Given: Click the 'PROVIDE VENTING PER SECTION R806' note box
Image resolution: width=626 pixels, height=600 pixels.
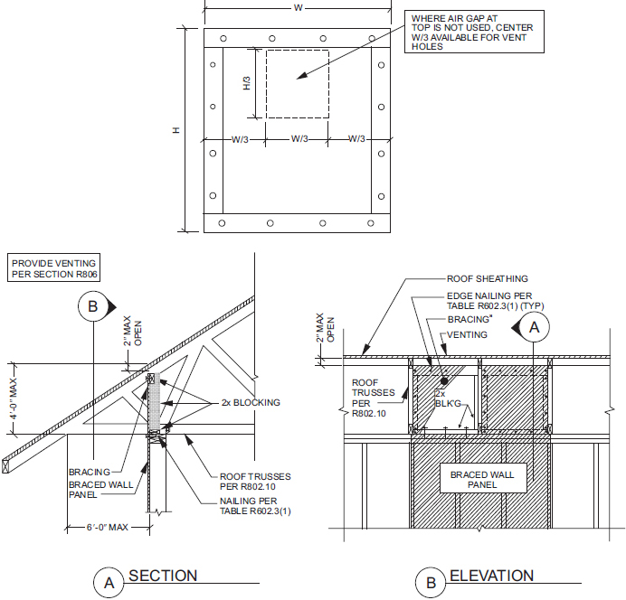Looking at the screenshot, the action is [53, 267].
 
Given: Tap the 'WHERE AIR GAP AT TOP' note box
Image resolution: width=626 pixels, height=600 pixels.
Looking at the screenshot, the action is [474, 32].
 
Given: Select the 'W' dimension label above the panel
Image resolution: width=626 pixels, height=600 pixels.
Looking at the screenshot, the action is [298, 7].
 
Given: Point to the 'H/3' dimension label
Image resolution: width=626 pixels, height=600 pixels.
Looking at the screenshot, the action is [247, 83].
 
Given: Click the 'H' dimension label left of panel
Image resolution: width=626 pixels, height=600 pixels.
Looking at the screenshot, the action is [176, 130].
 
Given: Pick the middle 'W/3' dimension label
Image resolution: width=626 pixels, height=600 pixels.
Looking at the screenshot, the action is [299, 139].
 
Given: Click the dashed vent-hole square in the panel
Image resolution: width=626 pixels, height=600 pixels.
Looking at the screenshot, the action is [298, 51].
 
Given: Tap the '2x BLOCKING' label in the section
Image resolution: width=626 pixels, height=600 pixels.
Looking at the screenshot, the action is [251, 403].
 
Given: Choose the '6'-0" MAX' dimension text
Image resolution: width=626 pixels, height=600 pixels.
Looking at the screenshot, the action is [108, 527].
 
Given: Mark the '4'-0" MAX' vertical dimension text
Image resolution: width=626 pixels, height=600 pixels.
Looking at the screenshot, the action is [14, 399].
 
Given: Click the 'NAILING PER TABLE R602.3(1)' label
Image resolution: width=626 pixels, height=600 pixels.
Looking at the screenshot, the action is [255, 506].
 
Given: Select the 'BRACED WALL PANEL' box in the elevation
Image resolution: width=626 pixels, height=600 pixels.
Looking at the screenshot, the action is [483, 478].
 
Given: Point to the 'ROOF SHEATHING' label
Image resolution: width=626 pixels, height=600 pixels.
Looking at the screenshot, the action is [487, 278].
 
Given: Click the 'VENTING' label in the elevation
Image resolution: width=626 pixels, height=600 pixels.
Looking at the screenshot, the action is [467, 335].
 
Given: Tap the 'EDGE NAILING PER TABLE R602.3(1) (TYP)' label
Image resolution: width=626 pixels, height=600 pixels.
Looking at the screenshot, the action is [495, 301].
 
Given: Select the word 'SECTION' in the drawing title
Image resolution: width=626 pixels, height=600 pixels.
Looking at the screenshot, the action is [163, 576].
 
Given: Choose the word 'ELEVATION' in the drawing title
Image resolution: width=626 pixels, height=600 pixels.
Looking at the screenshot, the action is [491, 576].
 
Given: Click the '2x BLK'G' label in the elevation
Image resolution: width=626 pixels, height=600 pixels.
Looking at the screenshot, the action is [448, 398].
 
